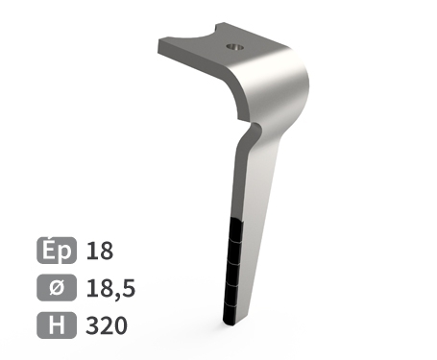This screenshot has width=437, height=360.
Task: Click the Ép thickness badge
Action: [57, 252]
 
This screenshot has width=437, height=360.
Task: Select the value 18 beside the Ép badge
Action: [100, 252]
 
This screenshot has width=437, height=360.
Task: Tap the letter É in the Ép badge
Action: [49, 251]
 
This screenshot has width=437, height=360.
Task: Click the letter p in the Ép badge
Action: [64, 253]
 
